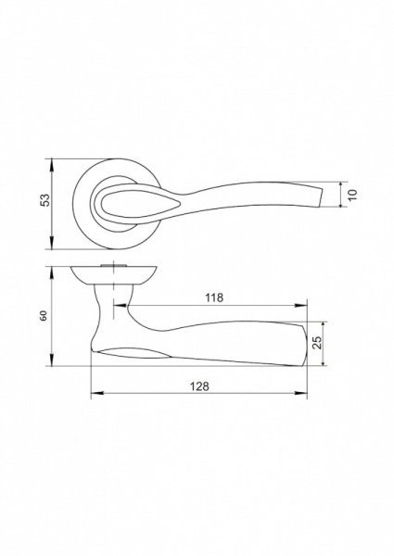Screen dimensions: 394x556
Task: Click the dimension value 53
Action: (x=45, y=200)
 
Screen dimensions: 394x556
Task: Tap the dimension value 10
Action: (x=352, y=195)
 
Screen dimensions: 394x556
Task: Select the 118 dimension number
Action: (x=214, y=297)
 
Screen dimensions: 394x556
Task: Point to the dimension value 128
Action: (x=200, y=386)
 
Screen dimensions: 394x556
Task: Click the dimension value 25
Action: (x=318, y=342)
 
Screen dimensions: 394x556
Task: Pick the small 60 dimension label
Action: (x=44, y=316)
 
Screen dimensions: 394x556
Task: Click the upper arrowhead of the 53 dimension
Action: (x=52, y=165)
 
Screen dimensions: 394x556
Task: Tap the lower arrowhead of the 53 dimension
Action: (x=52, y=243)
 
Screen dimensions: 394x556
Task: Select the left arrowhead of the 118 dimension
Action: (x=120, y=305)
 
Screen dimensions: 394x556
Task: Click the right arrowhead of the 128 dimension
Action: (x=300, y=393)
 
